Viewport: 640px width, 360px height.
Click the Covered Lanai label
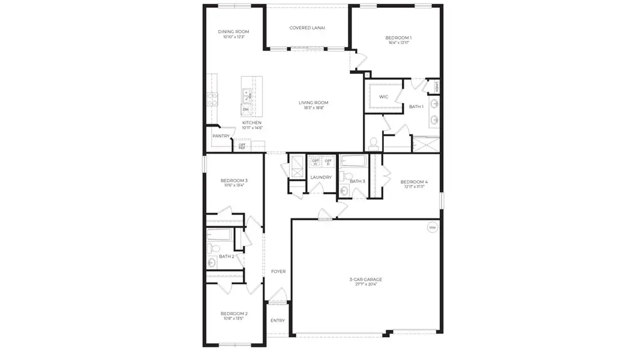(307, 28)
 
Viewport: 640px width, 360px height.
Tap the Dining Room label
(233, 32)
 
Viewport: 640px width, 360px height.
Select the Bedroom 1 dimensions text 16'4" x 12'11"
(398, 43)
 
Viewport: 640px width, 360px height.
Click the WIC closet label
(384, 97)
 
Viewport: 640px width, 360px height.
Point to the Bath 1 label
(416, 107)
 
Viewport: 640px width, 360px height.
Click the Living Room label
(313, 103)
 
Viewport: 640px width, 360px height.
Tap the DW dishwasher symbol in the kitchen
(246, 109)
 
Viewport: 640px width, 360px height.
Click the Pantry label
(221, 136)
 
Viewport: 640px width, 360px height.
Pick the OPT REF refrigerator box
(242, 145)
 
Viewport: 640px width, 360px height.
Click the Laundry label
(321, 178)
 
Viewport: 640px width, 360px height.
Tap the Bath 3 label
(357, 181)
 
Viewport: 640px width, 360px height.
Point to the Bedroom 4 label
(414, 182)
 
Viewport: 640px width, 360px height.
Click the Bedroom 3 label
(234, 181)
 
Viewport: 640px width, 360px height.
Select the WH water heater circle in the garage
(432, 227)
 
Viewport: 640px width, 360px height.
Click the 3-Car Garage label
(365, 280)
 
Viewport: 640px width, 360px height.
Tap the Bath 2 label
(226, 256)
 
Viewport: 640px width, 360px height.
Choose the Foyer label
(278, 271)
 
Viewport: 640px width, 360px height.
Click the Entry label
(278, 320)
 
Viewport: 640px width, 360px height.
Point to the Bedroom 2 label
(234, 314)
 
